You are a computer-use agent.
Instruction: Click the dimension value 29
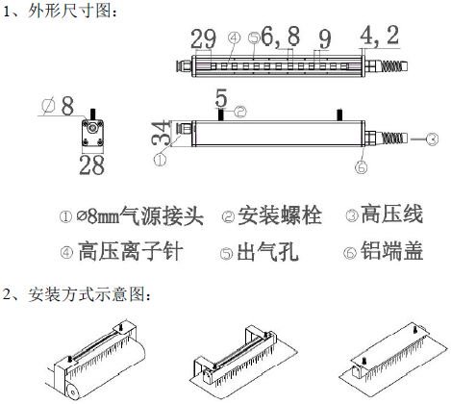[x=203, y=38]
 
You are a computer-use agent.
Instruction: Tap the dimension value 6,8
[x=281, y=36]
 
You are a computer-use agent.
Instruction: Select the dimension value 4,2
[x=380, y=36]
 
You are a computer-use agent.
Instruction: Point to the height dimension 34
[x=161, y=133]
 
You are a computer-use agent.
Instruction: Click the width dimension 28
[x=92, y=164]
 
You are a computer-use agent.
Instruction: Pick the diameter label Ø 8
[x=58, y=106]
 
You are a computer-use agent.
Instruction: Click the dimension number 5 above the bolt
[x=221, y=98]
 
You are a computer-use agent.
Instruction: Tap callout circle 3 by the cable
[x=432, y=139]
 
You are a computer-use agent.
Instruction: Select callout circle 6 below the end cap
[x=362, y=166]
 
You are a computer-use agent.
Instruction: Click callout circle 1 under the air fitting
[x=161, y=160]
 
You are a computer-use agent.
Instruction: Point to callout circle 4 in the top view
[x=234, y=38]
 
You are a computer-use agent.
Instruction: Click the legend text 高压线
[x=391, y=215]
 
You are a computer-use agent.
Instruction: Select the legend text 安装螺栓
[x=280, y=215]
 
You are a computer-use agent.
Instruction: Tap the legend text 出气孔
[x=267, y=252]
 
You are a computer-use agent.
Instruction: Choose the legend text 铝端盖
[x=391, y=250]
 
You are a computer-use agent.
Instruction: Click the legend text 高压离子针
[x=131, y=251]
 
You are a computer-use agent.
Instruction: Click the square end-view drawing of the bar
[x=92, y=133]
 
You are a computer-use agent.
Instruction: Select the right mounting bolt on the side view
[x=339, y=114]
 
